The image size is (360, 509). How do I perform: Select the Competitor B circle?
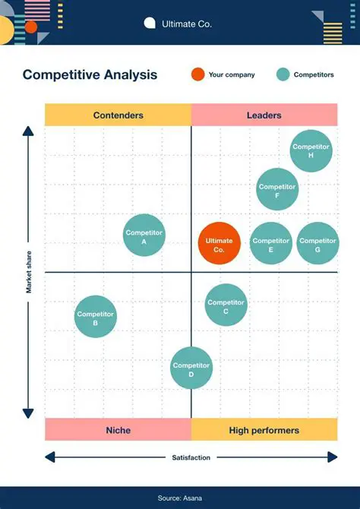(x=96, y=317)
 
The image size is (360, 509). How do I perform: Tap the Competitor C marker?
(x=226, y=305)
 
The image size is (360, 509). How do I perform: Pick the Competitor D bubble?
(x=191, y=368)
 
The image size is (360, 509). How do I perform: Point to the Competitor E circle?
(x=271, y=244)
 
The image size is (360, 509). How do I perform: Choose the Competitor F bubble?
(x=277, y=189)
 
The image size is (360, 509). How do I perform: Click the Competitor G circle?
(x=317, y=244)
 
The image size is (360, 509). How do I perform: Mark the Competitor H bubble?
(x=311, y=150)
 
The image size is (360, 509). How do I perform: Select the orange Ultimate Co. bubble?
(x=219, y=244)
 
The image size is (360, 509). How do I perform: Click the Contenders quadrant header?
(x=118, y=115)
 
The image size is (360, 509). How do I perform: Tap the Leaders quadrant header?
(x=264, y=115)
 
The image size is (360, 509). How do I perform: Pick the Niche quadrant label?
(x=118, y=430)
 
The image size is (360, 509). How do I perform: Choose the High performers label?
(x=264, y=430)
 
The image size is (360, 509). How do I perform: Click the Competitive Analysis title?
(x=90, y=74)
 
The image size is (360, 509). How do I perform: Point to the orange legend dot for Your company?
(x=197, y=74)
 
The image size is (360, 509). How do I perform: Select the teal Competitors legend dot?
(x=283, y=74)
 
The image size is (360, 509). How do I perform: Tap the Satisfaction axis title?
(x=191, y=457)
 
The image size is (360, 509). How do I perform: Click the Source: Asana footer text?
(x=180, y=498)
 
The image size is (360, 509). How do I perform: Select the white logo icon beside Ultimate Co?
(x=150, y=24)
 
